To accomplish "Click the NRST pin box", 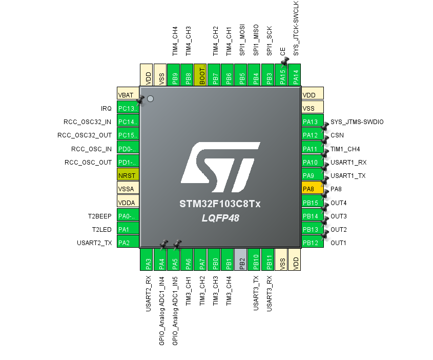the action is click(128, 175).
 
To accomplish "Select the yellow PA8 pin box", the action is click(312, 189).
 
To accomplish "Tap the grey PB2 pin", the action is click(240, 259).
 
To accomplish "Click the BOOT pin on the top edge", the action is click(200, 75).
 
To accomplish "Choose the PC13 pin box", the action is click(128, 108).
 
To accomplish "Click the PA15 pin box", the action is click(281, 75).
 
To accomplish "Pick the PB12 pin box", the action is click(312, 242).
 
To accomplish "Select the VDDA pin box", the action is click(128, 202).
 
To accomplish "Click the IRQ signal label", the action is click(106, 108).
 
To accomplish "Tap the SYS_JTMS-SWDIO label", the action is click(357, 122).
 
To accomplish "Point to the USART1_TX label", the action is click(348, 176).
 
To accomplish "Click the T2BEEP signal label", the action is click(100, 216).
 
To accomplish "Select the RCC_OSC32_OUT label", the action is click(85, 135).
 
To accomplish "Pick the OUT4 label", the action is click(339, 203).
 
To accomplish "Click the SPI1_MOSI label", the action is click(242, 40).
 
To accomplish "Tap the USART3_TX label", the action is click(256, 293).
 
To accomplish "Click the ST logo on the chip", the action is click(220, 167).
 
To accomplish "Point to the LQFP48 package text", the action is click(220, 218).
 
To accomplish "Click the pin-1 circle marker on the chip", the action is click(150, 98).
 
